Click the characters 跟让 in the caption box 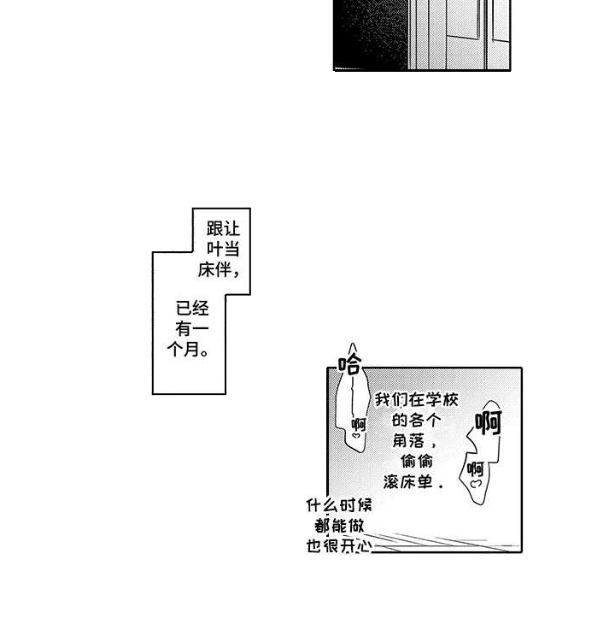pos(223,229)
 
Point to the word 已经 pos(192,309)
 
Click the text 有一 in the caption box pos(192,329)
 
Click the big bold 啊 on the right pos(488,422)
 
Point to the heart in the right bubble pos(475,485)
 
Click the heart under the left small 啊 pos(357,437)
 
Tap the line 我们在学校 pos(416,400)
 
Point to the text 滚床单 pos(416,482)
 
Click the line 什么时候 pos(339,505)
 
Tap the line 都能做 pos(339,526)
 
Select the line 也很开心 pos(339,546)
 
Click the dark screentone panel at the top pos(421,34)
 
